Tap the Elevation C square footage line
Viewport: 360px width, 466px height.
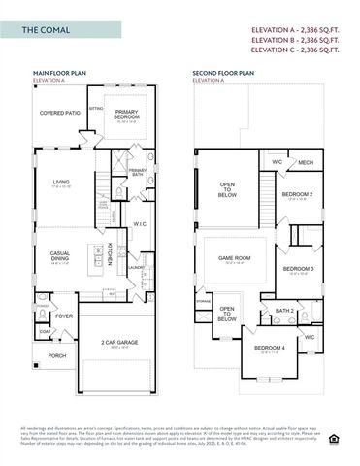[300, 51]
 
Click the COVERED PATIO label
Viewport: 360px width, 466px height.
[59, 113]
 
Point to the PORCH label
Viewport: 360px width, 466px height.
[56, 355]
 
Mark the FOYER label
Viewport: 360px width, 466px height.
[64, 316]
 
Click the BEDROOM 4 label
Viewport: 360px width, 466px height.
[269, 348]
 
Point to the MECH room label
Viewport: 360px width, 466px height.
[305, 163]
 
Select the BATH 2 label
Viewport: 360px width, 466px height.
[284, 311]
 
